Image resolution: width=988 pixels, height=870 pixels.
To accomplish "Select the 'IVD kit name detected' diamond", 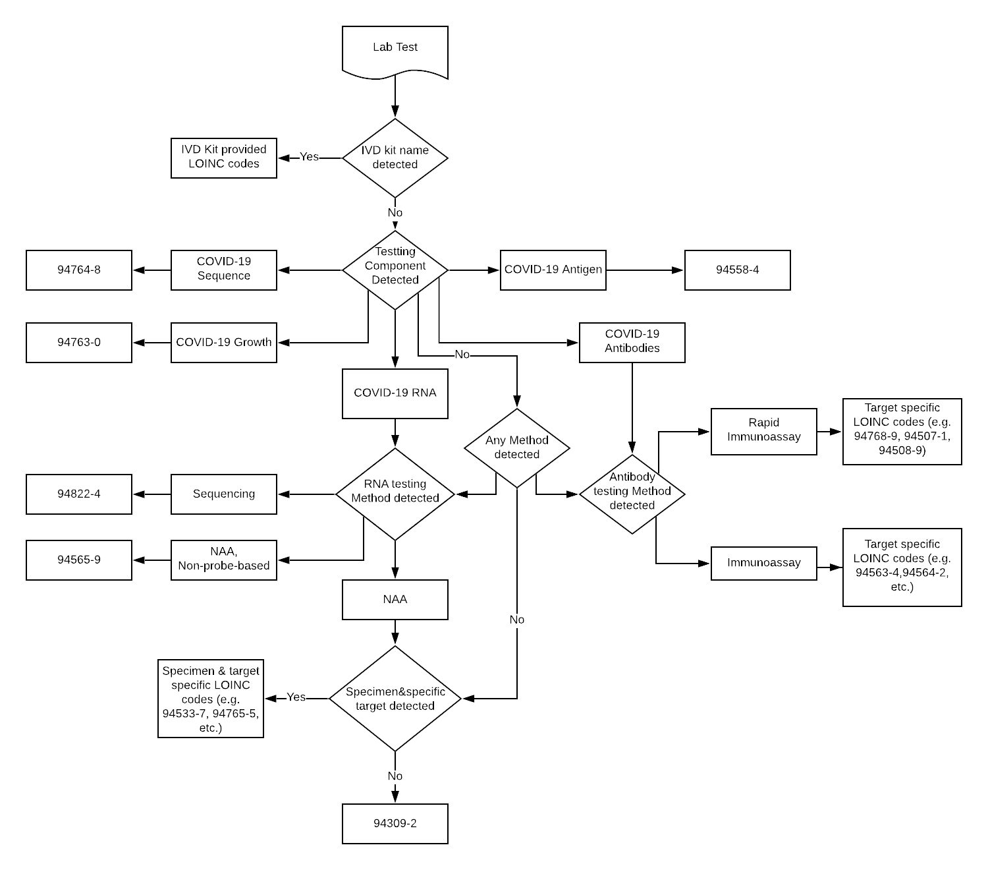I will [395, 158].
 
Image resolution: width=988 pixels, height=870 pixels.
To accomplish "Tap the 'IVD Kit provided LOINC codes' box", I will [224, 158].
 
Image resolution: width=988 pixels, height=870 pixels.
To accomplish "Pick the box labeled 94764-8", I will [79, 270].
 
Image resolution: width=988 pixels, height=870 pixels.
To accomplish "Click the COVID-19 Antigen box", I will [553, 270].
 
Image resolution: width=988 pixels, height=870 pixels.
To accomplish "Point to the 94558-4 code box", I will [738, 270].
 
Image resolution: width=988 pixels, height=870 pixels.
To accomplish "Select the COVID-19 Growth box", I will [224, 343].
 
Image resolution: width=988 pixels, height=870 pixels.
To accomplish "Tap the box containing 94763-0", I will [79, 343].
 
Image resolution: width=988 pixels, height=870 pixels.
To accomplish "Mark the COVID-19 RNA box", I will [395, 393].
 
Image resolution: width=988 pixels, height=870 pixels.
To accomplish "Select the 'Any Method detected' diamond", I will [517, 448].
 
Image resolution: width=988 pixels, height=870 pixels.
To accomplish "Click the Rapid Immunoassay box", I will [764, 431].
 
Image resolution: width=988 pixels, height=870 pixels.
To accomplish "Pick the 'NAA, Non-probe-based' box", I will [224, 560].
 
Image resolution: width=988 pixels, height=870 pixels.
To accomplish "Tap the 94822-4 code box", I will [79, 494].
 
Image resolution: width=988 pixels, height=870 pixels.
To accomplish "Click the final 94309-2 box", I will [395, 824].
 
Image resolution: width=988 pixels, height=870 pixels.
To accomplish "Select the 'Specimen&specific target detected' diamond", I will [395, 699].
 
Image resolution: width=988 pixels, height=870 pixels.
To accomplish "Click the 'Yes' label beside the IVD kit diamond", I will [309, 157].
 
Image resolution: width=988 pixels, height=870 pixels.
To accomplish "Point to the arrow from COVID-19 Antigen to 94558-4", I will [645, 270].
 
